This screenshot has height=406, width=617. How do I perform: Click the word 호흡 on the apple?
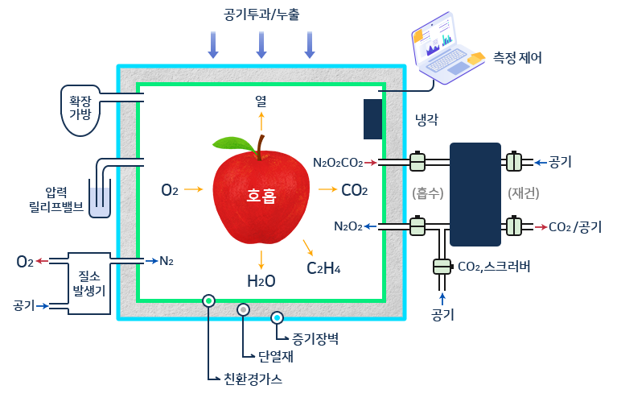[x=261, y=195]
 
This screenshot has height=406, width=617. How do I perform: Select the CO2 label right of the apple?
[x=354, y=191]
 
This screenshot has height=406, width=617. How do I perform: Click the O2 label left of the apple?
[x=169, y=190]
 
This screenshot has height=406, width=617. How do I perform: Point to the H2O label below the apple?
[x=261, y=281]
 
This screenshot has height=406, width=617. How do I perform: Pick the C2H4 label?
[x=323, y=267]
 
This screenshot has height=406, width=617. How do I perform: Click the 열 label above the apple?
[x=261, y=101]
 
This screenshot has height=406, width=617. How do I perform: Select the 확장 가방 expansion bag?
[x=80, y=106]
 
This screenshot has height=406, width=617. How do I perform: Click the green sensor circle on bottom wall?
[x=208, y=301]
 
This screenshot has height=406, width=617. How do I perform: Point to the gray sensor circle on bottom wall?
[x=243, y=309]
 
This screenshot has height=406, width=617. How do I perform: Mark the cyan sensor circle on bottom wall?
[x=278, y=317]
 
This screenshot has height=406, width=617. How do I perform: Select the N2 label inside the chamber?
[x=166, y=261]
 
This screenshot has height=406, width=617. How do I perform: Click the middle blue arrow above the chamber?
[x=261, y=44]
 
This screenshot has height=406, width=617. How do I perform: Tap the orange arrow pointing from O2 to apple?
[x=194, y=190]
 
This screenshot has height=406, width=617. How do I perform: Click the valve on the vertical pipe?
[x=442, y=266]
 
